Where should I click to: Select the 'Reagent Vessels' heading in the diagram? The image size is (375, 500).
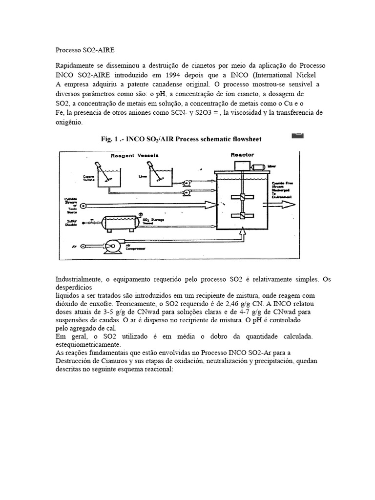point(134,155)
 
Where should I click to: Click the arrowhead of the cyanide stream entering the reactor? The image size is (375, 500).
point(213,206)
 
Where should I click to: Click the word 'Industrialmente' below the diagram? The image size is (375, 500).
point(78,279)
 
